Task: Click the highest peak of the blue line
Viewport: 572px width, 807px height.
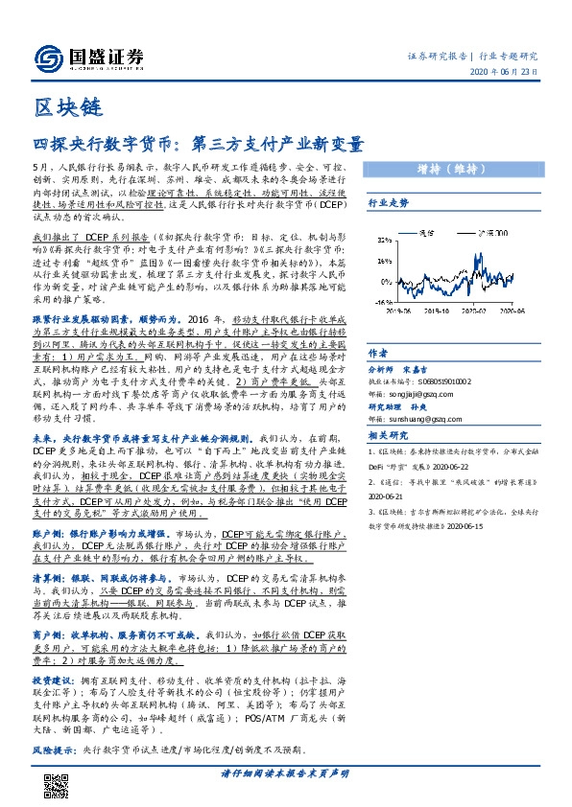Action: [479, 253]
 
